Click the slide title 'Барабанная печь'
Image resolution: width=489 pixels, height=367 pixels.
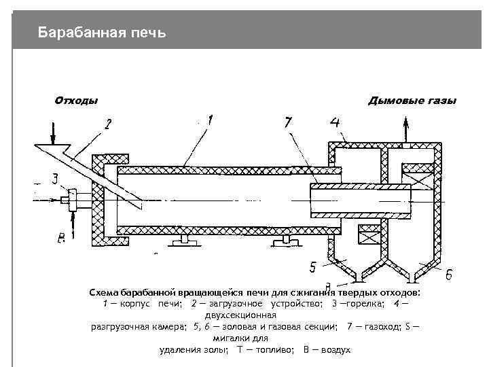point(101,32)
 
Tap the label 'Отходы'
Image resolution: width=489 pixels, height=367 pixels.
point(76,101)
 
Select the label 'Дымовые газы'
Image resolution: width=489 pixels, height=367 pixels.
point(412,101)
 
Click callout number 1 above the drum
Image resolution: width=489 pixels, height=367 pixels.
point(211,120)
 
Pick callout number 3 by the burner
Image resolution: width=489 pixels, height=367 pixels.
point(54,179)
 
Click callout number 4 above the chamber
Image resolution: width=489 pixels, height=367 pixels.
point(335,123)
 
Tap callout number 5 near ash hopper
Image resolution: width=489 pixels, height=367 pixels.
point(313,266)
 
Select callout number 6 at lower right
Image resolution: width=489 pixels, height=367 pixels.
point(449,275)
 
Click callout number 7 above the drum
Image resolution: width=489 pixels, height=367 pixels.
point(288,122)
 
